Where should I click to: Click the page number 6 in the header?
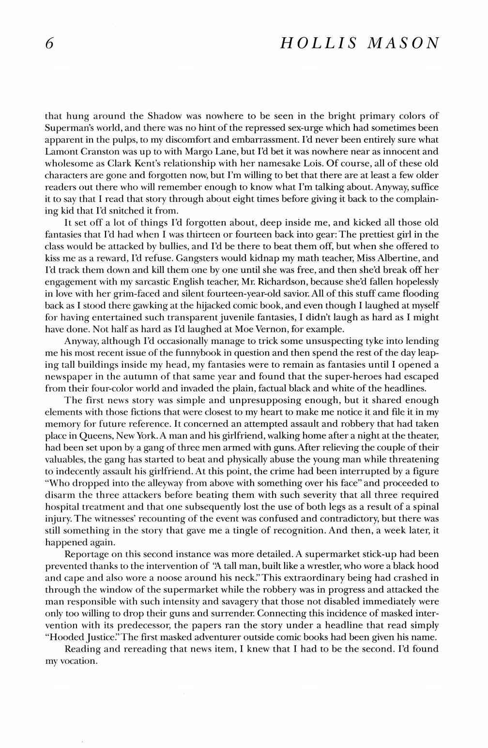pyautogui.click(x=48, y=44)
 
